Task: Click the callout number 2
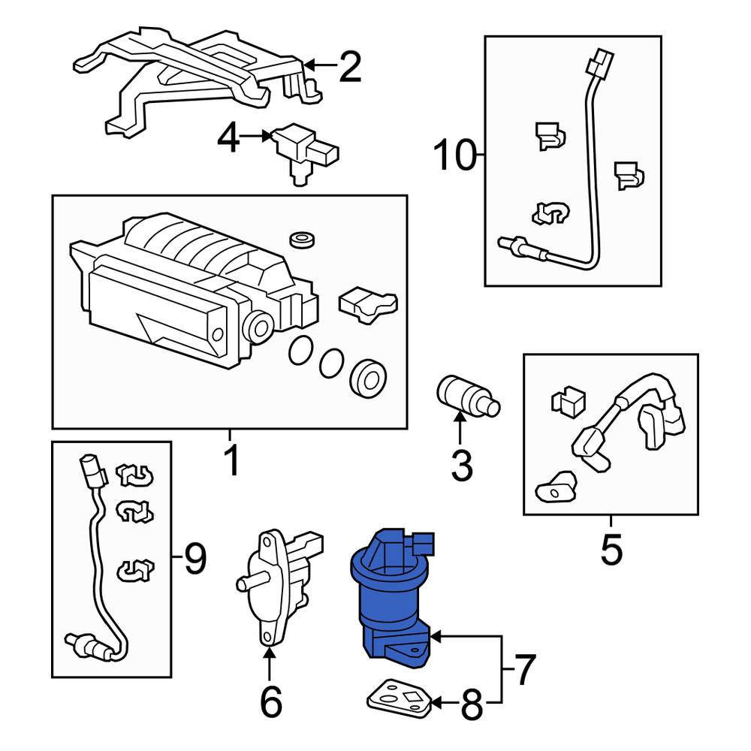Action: [350, 66]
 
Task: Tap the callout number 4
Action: [228, 137]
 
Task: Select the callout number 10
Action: [454, 155]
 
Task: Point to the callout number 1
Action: [232, 460]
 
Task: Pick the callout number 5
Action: [611, 550]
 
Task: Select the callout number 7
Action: [524, 669]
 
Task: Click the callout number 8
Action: [472, 704]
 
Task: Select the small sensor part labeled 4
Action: [303, 151]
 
